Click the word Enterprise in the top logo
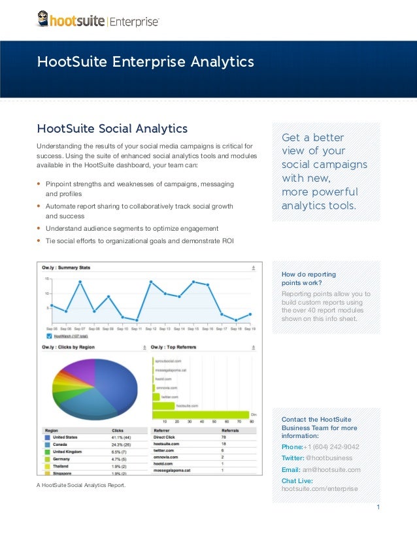[x=133, y=22]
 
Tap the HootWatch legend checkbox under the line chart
[x=48, y=335]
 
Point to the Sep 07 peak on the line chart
[x=80, y=282]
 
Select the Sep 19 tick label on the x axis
[x=250, y=328]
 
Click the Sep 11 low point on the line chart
[x=137, y=320]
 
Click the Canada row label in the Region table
[x=62, y=445]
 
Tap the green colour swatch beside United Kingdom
[x=47, y=452]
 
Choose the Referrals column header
[x=230, y=431]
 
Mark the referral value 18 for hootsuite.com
[x=224, y=444]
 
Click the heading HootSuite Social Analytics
[x=112, y=127]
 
